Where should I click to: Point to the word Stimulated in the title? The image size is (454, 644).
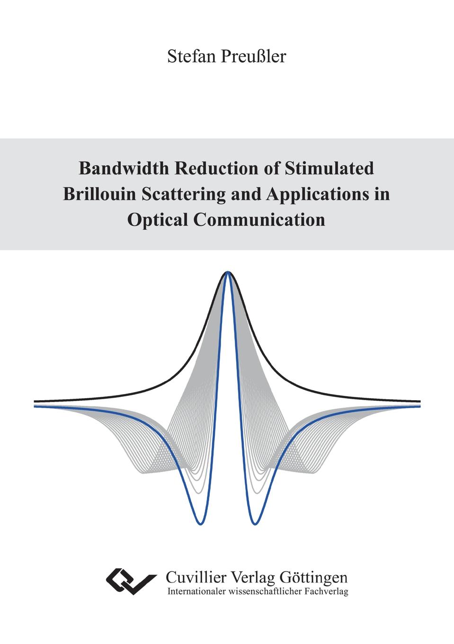coord(329,168)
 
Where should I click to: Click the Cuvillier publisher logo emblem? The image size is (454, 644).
coord(131,581)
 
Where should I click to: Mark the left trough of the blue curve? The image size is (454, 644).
coord(201,523)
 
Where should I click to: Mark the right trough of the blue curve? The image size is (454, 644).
coord(255,523)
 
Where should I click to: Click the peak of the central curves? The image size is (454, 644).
coord(228,272)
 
